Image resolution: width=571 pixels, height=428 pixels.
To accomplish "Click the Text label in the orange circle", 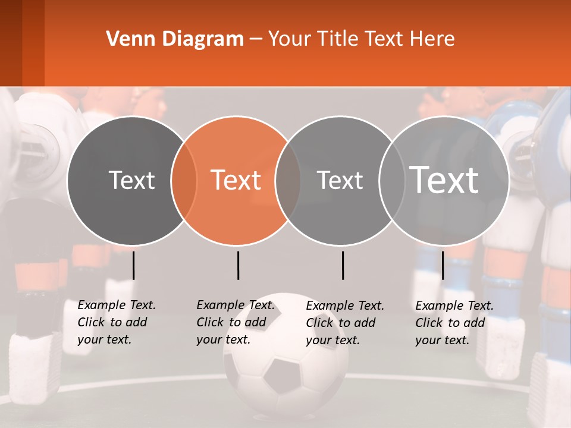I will pos(236,180).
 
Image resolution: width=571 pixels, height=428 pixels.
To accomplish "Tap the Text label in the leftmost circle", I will pos(131,180).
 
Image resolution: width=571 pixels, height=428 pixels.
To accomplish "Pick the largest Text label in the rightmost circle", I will pos(444,180).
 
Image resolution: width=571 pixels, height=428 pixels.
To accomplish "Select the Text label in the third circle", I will pos(340,180).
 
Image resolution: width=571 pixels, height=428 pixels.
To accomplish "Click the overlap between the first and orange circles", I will pos(184,181).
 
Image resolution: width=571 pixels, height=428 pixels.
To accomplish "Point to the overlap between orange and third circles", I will pos(288,181).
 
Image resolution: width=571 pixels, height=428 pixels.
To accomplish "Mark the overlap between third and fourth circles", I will pos(391,181).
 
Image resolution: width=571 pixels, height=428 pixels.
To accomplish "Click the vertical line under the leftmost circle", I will pos(133,265).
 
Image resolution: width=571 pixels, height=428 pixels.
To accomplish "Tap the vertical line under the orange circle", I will pos(238,265).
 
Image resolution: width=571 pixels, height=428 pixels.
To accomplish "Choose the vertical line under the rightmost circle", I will pos(443,265).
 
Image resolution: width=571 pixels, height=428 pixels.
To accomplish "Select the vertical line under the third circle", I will pos(343,265).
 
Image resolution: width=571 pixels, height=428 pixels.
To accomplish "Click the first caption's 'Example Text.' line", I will pos(117,305).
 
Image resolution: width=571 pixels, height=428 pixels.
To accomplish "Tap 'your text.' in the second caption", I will pos(223,339).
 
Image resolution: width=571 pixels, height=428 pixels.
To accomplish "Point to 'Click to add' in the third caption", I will pos(341,323).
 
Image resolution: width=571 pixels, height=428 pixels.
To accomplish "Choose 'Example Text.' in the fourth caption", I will pos(454,306).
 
